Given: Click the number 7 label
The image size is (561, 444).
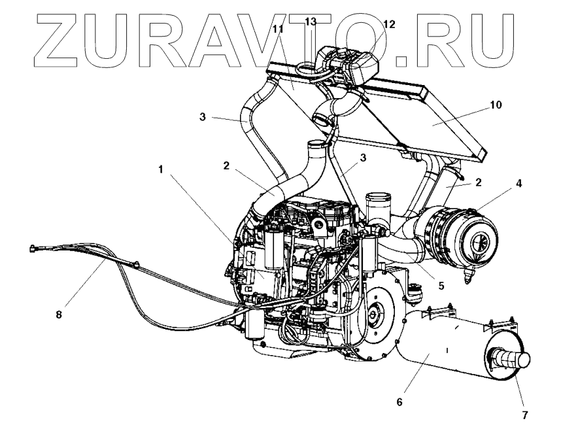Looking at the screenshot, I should point(524,415).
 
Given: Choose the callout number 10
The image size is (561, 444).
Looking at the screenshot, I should point(496,105).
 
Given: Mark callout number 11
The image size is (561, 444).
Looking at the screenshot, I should point(277,29).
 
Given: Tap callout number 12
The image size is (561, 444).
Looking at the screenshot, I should point(389,24).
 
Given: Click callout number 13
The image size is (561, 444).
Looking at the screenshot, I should point(310,22).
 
